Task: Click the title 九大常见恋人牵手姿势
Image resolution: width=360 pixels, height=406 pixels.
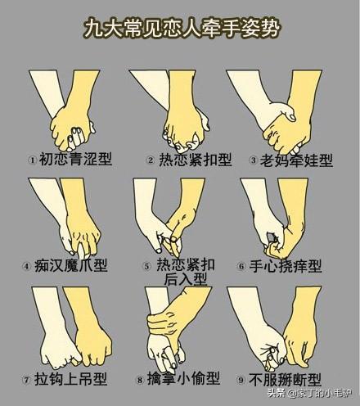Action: pos(182,28)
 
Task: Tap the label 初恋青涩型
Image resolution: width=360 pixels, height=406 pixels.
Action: pos(76,159)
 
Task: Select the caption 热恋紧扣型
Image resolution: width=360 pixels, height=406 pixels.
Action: pos(196,160)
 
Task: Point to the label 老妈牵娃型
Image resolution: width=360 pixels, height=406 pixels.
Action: pos(296,160)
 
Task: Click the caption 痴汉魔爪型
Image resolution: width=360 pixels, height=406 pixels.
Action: pos(71,265)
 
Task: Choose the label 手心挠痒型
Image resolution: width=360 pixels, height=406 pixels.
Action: pos(286,266)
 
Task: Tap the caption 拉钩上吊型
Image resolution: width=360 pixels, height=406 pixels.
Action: pos(70,379)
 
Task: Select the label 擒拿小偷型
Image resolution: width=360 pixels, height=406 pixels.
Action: pos(183,378)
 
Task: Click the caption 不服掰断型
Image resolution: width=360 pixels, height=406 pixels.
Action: pos(285,380)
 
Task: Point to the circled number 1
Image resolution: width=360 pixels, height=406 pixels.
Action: pos(33,160)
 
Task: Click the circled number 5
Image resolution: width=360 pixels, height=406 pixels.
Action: pos(147,266)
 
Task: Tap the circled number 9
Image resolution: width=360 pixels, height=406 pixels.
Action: pos(241,380)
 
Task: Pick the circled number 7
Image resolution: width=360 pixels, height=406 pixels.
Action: pos(26,380)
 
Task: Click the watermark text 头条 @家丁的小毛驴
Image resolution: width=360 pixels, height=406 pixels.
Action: pos(310,393)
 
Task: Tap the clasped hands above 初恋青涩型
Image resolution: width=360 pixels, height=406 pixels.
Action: pos(73,129)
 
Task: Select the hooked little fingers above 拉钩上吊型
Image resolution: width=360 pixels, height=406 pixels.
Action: pos(78,359)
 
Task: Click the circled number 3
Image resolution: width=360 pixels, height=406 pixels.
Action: pos(253,160)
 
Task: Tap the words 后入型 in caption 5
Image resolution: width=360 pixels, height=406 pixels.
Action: pos(185,279)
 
